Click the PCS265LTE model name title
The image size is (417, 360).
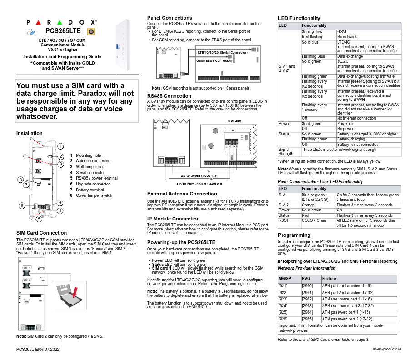[63, 31]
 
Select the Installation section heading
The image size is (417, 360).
[30, 133]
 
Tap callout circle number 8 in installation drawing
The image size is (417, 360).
[20, 180]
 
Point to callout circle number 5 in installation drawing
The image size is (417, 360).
[39, 219]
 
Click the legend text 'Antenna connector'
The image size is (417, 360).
[93, 161]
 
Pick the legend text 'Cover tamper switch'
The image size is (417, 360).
[94, 195]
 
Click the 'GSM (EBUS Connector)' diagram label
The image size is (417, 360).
[214, 60]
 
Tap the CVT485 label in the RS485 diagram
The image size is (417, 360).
[234, 121]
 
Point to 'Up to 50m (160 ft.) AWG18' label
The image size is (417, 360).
[199, 184]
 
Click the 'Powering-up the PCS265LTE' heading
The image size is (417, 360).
[181, 242]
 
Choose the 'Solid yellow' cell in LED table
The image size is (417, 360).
[312, 32]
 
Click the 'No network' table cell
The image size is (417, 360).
[347, 37]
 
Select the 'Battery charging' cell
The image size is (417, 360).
[351, 139]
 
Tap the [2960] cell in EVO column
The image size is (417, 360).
[307, 286]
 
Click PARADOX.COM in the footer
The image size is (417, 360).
[387, 349]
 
